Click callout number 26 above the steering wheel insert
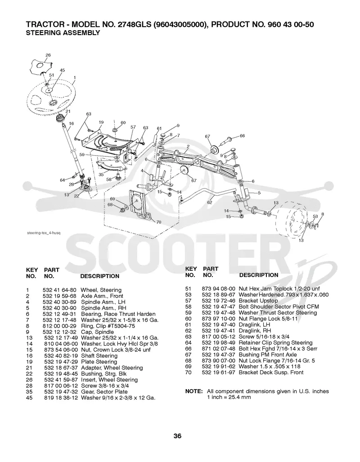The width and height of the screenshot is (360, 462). [48, 55]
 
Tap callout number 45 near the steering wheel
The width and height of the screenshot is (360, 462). [62, 70]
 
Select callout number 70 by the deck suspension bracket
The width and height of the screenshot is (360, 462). [158, 222]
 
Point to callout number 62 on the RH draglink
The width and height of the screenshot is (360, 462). [209, 202]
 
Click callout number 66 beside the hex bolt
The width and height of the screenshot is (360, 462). [243, 135]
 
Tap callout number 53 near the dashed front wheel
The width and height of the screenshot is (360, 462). [315, 216]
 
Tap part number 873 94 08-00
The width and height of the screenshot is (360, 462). [219, 289]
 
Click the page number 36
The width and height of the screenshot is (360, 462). [177, 436]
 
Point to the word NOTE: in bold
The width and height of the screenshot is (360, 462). [194, 391]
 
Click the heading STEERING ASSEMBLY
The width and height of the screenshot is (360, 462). [63, 33]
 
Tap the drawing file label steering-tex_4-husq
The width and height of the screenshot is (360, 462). [44, 233]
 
